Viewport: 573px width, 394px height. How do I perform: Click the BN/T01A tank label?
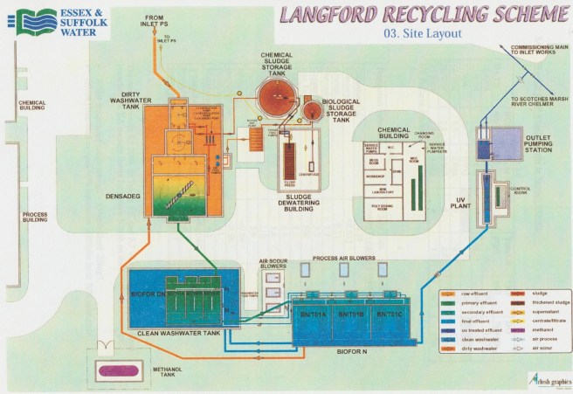[x=313, y=314]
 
